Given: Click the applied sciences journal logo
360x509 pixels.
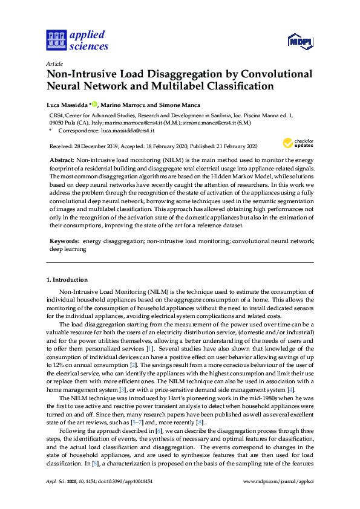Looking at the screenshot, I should (77, 39).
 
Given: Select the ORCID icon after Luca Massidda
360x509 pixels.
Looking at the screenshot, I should (96, 103).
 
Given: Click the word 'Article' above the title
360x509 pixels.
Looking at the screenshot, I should (54, 63).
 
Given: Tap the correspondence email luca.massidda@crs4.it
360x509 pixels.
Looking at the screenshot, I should (129, 130).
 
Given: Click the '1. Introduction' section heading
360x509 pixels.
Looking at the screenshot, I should (67, 280).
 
